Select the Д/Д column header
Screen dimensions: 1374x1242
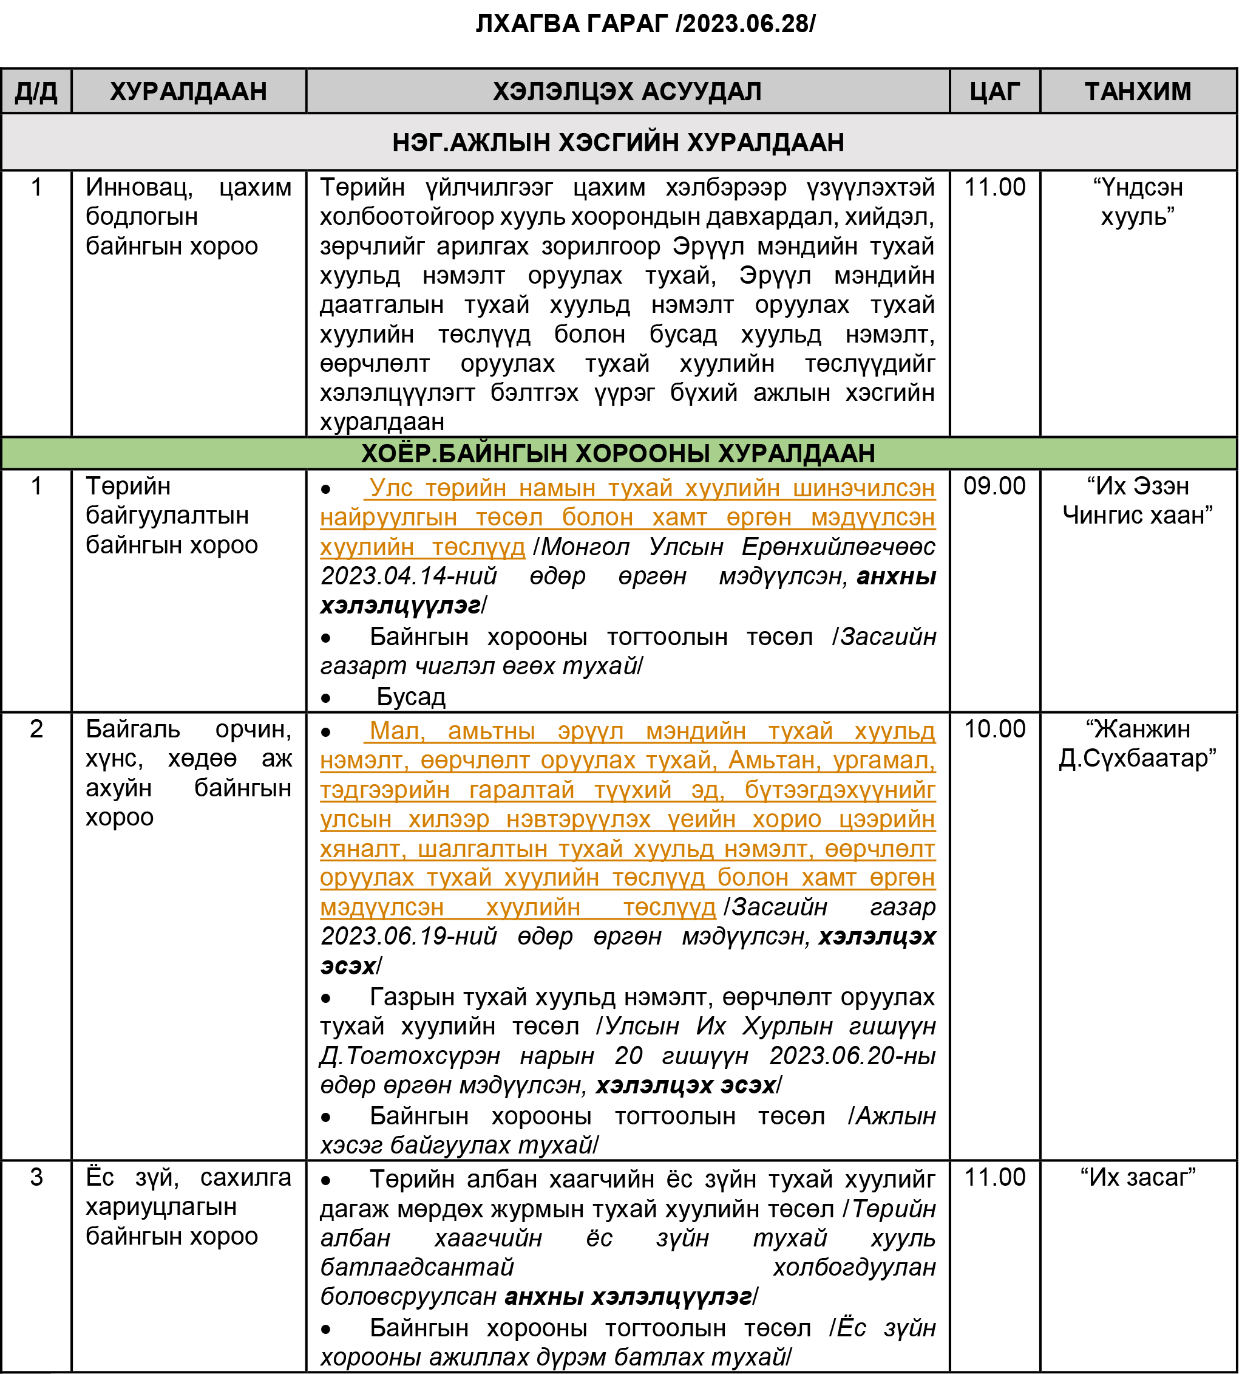click(x=36, y=91)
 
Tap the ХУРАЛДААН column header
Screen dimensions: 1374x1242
click(x=188, y=91)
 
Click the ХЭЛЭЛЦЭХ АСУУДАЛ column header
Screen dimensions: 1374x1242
click(x=627, y=91)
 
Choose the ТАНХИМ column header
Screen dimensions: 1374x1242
click(x=1138, y=91)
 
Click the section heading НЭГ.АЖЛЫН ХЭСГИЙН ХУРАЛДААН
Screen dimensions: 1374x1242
click(x=618, y=143)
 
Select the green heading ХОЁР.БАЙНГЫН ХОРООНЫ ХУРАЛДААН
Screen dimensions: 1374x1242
click(x=618, y=453)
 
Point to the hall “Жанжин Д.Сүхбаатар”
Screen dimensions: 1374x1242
click(x=1138, y=743)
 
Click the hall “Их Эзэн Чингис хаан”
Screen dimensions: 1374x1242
click(x=1138, y=501)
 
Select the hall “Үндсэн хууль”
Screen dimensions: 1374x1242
click(x=1138, y=202)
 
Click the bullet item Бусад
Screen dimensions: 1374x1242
click(x=411, y=697)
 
